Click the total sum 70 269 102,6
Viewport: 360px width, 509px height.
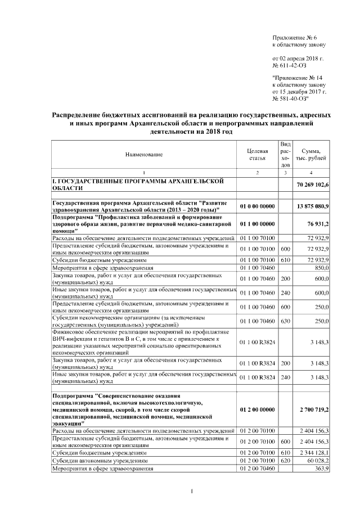(x=316, y=184)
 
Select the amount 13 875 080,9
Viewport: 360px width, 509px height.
(x=316, y=206)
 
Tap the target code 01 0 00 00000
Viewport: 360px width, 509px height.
(x=257, y=206)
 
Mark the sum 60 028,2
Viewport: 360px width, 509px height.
(x=322, y=460)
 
